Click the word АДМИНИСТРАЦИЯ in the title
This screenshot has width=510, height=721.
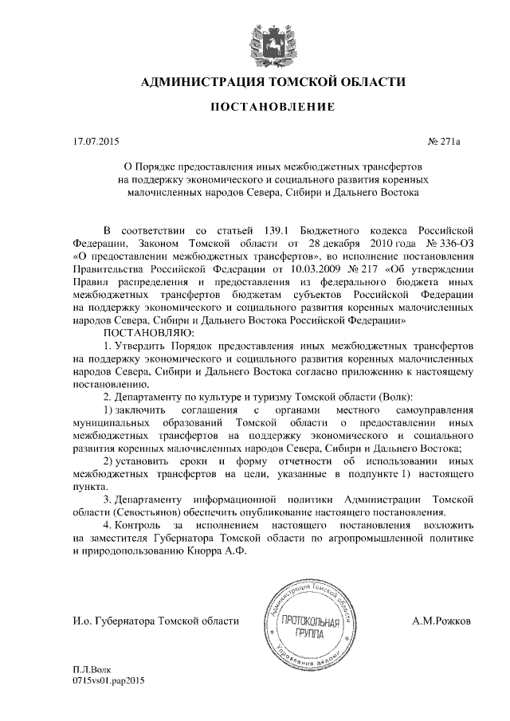pos(194,82)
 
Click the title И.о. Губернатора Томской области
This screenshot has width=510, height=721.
pos(155,621)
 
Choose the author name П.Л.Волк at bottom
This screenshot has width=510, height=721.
pos(92,670)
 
